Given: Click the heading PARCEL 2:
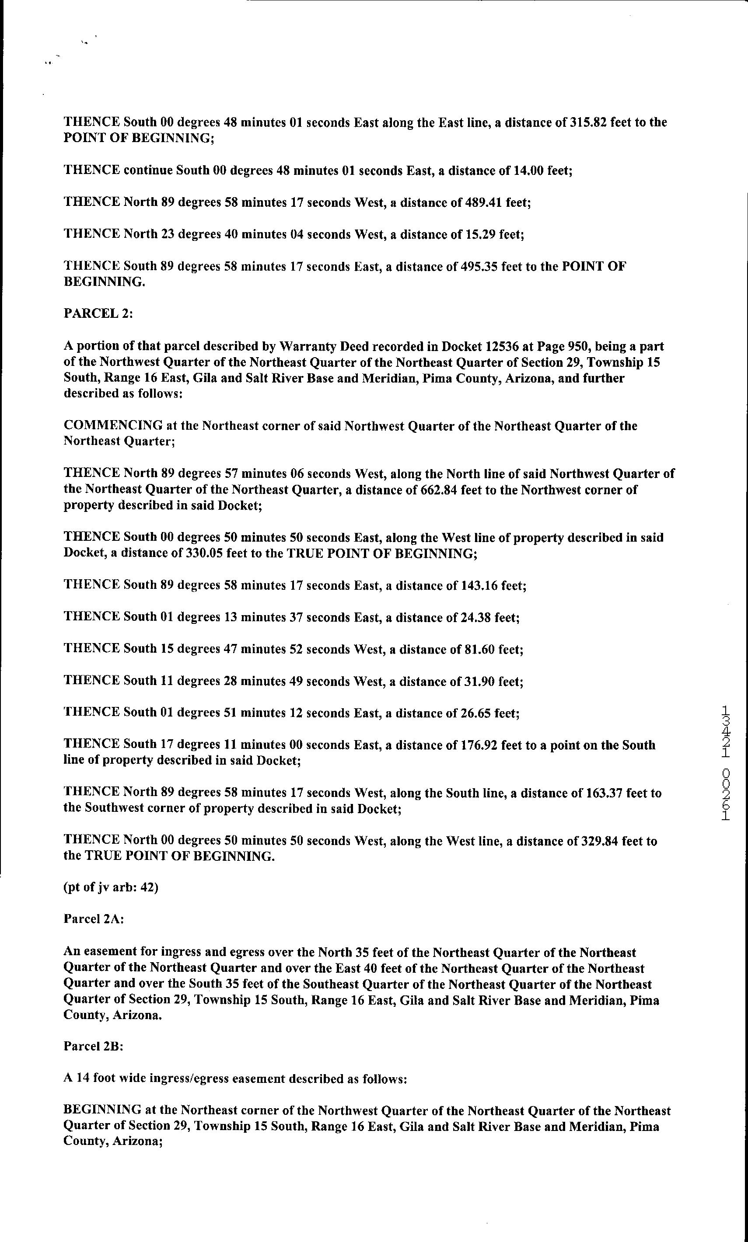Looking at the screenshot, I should [x=98, y=313].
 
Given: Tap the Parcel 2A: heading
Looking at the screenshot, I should [x=94, y=919].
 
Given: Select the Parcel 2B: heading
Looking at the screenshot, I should [x=93, y=1046].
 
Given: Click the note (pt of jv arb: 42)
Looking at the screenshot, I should [x=111, y=887].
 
